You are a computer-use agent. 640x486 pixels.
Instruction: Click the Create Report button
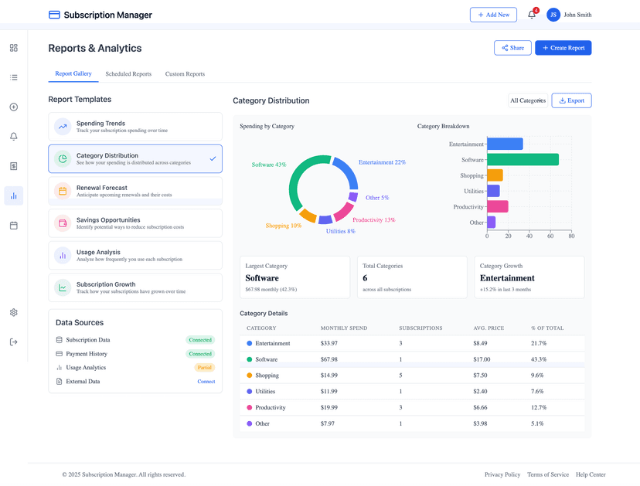point(563,48)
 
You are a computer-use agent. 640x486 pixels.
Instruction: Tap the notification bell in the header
point(532,15)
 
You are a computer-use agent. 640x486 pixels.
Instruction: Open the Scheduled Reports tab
point(128,74)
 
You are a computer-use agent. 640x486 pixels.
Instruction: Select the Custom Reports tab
point(185,74)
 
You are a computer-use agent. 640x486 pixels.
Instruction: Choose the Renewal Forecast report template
point(135,191)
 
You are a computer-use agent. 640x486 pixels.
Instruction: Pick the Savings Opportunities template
point(135,223)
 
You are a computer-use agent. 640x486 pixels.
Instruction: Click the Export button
point(571,100)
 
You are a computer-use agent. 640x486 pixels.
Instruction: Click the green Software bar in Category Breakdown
point(523,160)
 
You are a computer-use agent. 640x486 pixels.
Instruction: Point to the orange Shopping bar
point(495,175)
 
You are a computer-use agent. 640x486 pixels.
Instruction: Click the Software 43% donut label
point(269,165)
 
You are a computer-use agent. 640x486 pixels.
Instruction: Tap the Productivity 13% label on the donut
point(373,220)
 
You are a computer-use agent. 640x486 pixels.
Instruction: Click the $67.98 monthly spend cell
point(329,359)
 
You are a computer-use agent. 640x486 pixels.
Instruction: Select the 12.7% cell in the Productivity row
point(539,407)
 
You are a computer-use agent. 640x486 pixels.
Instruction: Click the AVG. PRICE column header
point(489,328)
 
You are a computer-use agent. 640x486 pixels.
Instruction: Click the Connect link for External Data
point(206,382)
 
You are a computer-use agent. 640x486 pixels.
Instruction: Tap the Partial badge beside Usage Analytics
point(204,368)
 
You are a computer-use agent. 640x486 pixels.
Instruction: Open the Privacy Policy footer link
point(502,474)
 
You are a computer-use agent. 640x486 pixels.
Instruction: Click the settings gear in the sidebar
point(14,313)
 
